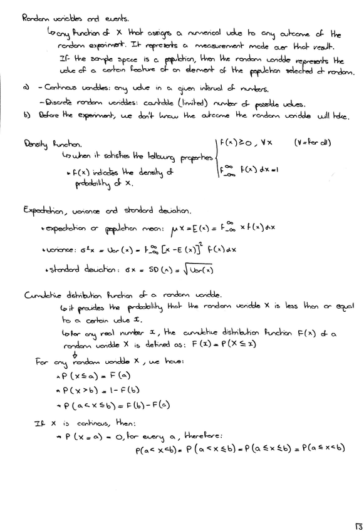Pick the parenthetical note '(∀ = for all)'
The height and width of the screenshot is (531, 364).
(x=312, y=143)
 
